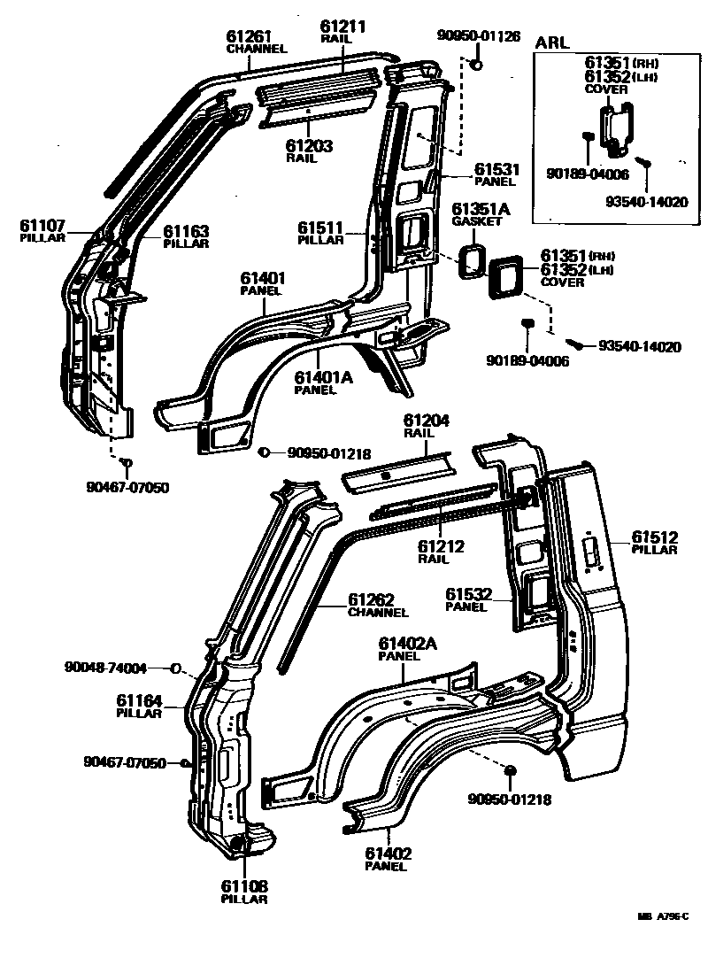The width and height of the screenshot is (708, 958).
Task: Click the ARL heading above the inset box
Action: [x=553, y=42]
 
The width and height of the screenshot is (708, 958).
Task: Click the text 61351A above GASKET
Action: [x=481, y=209]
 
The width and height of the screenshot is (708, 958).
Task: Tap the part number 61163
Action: [x=186, y=231]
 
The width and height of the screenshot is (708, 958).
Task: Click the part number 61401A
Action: [x=323, y=377]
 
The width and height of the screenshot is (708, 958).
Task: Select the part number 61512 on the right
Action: [x=654, y=536]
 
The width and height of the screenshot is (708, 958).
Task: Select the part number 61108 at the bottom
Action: [x=243, y=885]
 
